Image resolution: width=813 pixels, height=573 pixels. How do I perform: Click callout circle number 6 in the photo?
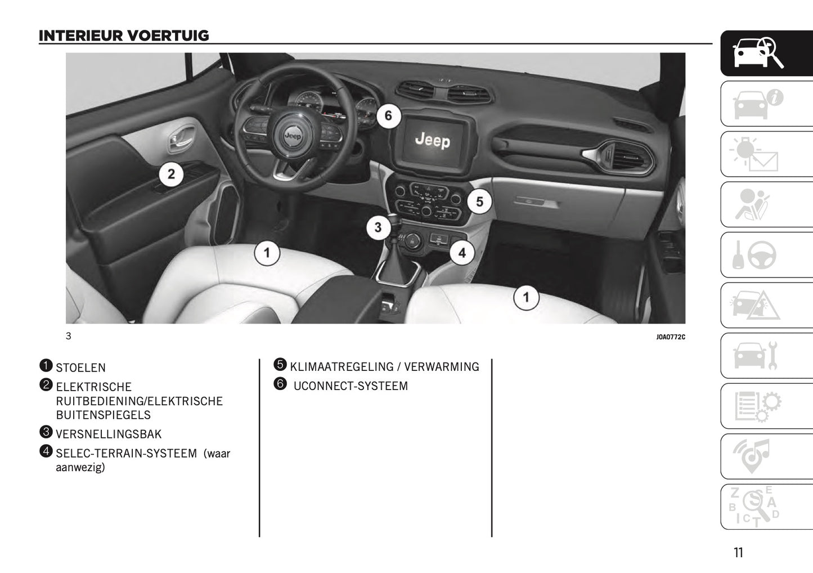pos(388,117)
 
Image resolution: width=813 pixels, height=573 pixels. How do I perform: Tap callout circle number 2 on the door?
pos(171,174)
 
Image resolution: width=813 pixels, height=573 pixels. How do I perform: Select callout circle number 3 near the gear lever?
pos(378,227)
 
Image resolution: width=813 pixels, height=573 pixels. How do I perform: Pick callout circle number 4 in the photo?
pos(461,253)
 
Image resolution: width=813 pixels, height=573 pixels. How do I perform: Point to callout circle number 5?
pos(479,202)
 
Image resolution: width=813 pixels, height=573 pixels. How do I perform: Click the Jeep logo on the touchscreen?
pos(432,140)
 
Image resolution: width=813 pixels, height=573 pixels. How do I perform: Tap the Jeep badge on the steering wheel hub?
pos(292,136)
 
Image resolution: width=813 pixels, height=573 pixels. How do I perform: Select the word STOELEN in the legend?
pos(80,368)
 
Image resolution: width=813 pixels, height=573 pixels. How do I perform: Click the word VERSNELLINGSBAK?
pos(109,435)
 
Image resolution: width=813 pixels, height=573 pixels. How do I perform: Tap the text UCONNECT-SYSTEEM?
pos(351,387)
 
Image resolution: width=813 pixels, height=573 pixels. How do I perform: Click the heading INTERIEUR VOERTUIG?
pos(124,36)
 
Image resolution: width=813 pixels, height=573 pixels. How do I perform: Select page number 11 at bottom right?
pos(738,553)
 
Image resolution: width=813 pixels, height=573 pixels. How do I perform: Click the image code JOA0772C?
pos(670,337)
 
